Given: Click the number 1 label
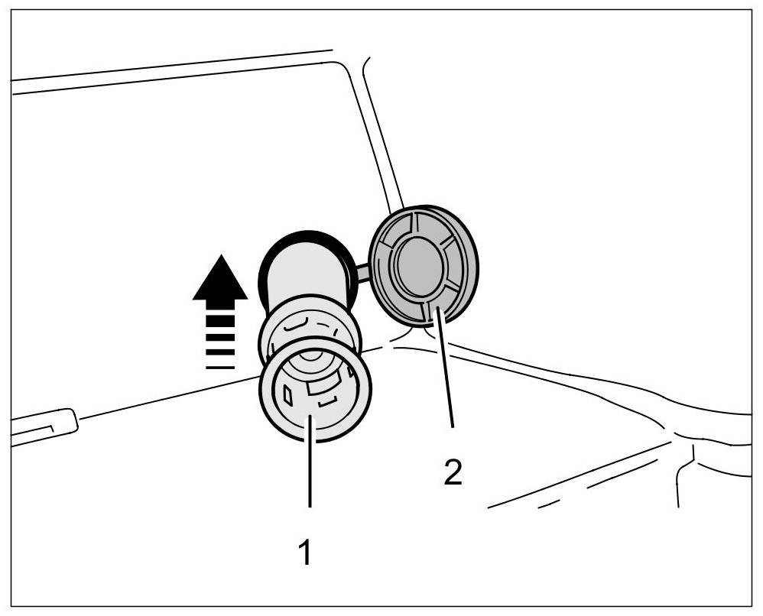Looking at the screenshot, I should pyautogui.click(x=305, y=552).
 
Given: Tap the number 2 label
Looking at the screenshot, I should pyautogui.click(x=453, y=472).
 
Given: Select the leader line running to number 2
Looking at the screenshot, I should pyautogui.click(x=445, y=367).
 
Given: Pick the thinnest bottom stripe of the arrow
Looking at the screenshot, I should pyautogui.click(x=220, y=367).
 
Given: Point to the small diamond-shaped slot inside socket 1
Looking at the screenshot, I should pyautogui.click(x=287, y=394).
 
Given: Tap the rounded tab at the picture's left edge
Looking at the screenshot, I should pyautogui.click(x=46, y=425).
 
